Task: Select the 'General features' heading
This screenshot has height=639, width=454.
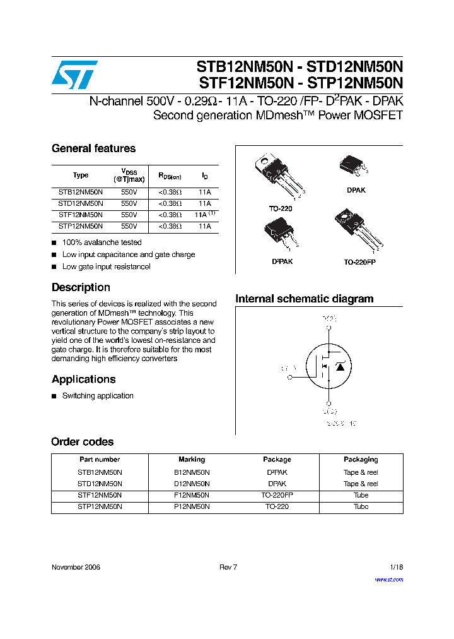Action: [x=93, y=148]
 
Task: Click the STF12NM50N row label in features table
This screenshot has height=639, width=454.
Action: [x=81, y=215]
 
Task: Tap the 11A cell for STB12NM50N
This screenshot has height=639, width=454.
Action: [x=204, y=192]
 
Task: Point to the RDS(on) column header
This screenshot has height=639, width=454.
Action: [x=170, y=176]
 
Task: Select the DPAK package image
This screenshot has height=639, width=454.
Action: [x=352, y=165]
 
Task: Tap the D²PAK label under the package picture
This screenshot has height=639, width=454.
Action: [x=282, y=261]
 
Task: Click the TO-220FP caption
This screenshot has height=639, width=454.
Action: [x=359, y=261]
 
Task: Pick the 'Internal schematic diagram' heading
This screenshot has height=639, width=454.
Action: [x=304, y=299]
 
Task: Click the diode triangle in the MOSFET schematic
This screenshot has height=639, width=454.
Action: [x=340, y=366]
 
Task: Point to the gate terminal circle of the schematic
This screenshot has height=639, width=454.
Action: [x=290, y=377]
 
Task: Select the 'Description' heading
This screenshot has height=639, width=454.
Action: [x=81, y=287]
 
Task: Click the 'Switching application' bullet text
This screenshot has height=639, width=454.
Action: [x=98, y=396]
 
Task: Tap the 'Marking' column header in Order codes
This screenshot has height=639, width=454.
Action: [x=192, y=460]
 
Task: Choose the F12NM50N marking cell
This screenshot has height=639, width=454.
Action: [x=192, y=496]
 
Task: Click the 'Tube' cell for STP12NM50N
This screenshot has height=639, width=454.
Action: [x=361, y=507]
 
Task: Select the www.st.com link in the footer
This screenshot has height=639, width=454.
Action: [x=388, y=580]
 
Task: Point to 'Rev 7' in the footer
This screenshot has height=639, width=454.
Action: [x=228, y=567]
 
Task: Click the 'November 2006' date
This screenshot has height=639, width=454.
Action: [x=76, y=567]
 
